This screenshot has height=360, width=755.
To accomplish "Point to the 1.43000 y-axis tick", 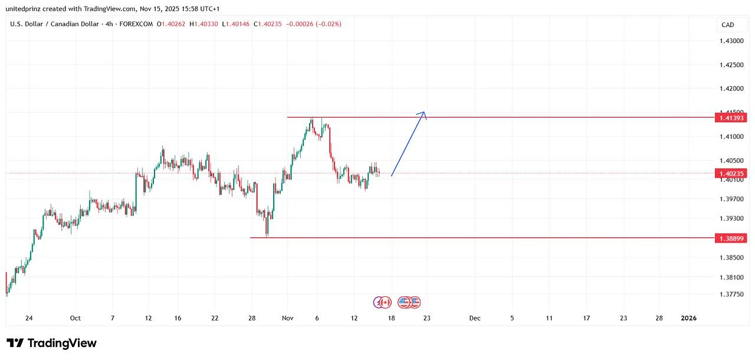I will tap(731, 41).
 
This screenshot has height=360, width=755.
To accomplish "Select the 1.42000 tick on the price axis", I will tap(731, 89).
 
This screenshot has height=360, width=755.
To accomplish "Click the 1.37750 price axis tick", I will tap(731, 294).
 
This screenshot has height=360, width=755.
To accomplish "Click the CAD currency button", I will tap(728, 25).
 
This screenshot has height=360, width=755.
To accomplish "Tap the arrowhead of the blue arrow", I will tap(424, 113).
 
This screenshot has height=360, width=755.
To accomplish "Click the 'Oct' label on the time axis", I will tap(75, 318).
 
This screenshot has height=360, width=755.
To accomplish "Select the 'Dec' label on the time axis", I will tap(475, 318).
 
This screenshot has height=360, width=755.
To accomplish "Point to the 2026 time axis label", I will tap(688, 318).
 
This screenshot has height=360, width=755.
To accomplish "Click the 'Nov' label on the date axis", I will tap(288, 318).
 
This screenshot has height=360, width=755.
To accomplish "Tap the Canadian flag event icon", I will tap(385, 302).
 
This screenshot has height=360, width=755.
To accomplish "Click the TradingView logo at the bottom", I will tap(51, 343).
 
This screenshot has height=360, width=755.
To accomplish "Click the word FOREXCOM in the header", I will tap(137, 24).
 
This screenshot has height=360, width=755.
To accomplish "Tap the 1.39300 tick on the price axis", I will tap(731, 218).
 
